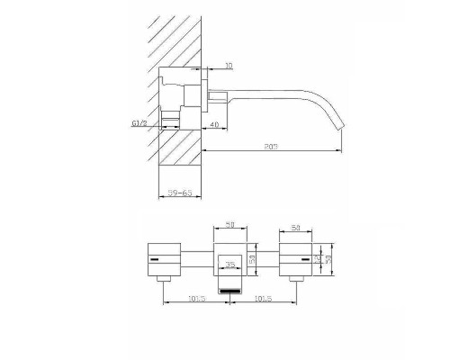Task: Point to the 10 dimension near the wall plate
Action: point(228,66)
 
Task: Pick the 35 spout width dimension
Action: point(230,265)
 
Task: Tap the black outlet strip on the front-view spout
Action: point(230,289)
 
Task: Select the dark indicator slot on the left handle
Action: point(160,259)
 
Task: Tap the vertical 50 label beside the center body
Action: point(254,259)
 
